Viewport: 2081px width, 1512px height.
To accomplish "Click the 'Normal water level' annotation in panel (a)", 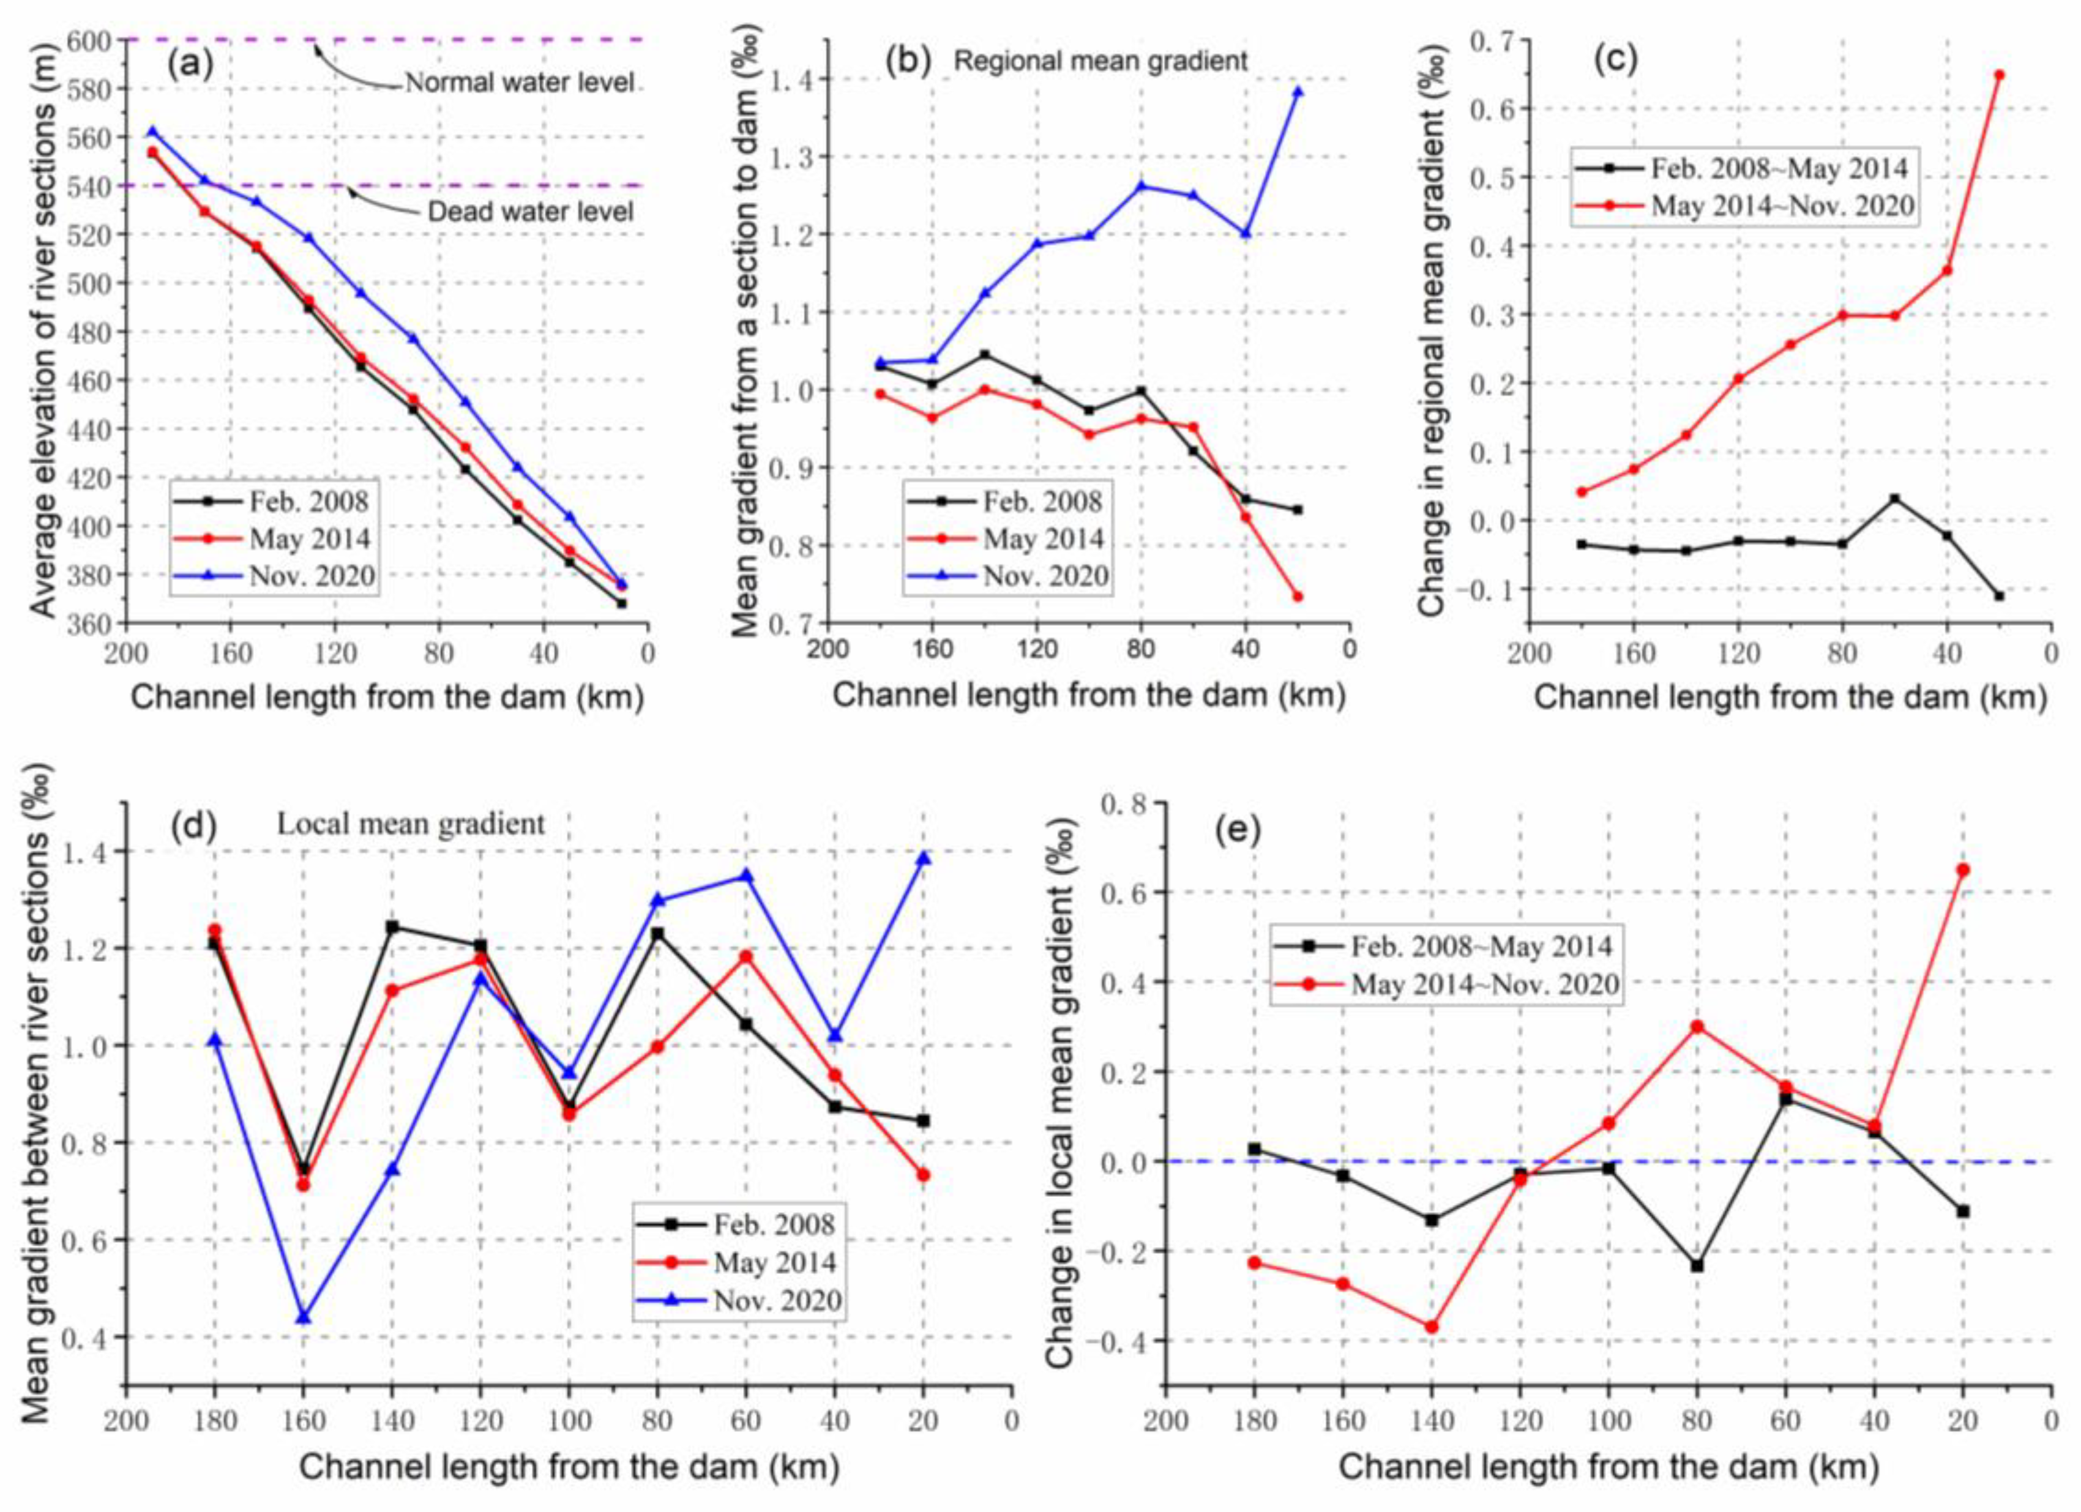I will click(x=520, y=83).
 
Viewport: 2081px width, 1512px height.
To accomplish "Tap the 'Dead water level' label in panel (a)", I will click(x=530, y=212).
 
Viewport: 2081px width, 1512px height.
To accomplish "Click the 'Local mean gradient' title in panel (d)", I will click(x=411, y=824).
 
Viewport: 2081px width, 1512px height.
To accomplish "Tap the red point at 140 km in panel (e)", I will click(x=1432, y=1327).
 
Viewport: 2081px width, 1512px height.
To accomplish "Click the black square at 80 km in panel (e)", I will click(x=1697, y=1266).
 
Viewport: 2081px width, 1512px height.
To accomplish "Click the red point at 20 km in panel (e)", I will click(x=1963, y=870).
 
